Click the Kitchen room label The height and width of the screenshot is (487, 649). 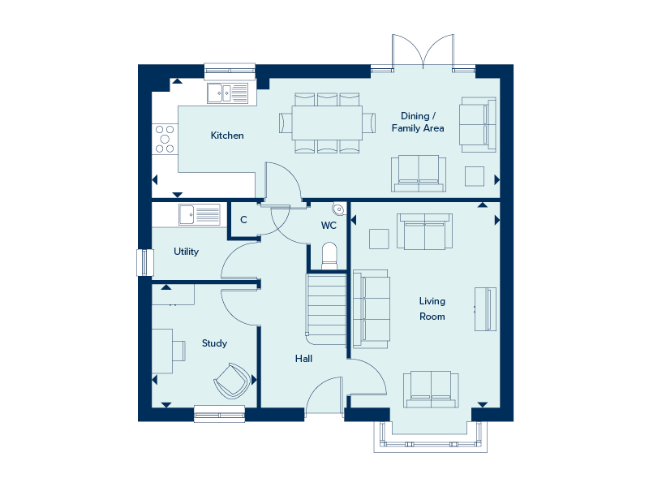click(227, 136)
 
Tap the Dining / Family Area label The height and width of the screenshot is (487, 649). click(418, 123)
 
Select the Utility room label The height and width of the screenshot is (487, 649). click(186, 252)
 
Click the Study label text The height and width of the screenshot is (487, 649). click(214, 343)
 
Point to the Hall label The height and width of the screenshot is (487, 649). click(303, 359)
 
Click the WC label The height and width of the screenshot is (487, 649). click(329, 226)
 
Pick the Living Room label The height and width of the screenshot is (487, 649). click(432, 308)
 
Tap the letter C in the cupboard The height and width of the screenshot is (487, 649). click(243, 220)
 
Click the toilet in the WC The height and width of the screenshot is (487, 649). click(329, 256)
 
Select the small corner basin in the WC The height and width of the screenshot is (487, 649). click(338, 209)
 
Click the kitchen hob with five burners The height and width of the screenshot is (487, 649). click(165, 139)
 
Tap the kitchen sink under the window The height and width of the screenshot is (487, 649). click(228, 93)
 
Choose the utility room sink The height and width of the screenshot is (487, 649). click(200, 214)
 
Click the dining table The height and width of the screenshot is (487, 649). click(327, 123)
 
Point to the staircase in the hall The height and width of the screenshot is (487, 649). click(326, 309)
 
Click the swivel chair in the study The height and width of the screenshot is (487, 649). click(232, 381)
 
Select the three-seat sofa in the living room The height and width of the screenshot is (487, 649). click(371, 309)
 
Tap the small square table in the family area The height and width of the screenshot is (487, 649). click(475, 176)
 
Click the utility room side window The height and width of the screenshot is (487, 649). click(145, 262)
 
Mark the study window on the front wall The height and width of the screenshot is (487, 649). click(219, 414)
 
